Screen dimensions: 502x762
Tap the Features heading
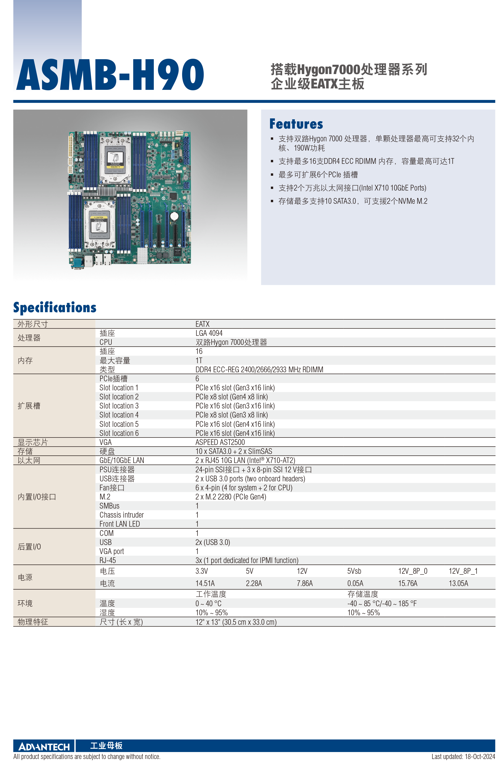(x=296, y=124)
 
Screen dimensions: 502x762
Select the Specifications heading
(x=55, y=308)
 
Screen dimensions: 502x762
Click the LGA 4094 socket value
(x=209, y=333)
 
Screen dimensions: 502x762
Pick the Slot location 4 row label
(x=119, y=415)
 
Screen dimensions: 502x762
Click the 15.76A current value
(x=408, y=583)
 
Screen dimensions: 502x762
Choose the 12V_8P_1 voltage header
(x=463, y=571)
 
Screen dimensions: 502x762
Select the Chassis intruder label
(x=122, y=515)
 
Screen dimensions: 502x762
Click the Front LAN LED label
(x=120, y=524)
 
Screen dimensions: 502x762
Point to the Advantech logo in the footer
(x=44, y=747)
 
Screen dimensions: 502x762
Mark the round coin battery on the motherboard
(x=174, y=216)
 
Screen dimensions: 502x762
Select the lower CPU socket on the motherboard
(x=99, y=224)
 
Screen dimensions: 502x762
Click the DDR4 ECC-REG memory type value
(x=259, y=370)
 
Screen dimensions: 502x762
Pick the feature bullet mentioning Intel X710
(x=352, y=188)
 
